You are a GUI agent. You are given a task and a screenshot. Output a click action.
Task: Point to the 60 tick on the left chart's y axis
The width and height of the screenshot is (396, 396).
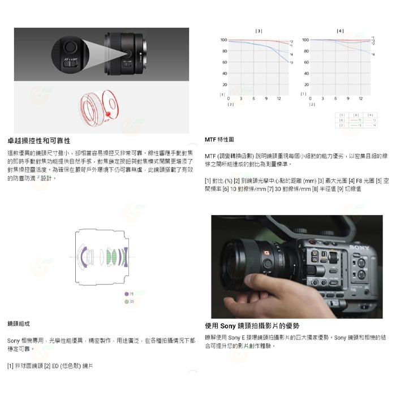click(x=224, y=62)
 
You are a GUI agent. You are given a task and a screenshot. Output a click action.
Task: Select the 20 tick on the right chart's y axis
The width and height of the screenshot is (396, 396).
click(x=305, y=84)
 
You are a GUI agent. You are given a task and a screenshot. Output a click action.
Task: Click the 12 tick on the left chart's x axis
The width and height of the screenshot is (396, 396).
click(x=279, y=98)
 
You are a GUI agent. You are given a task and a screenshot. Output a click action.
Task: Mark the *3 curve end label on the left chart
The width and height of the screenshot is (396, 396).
click(x=291, y=62)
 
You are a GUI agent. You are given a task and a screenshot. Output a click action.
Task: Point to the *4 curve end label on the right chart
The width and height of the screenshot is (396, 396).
click(x=372, y=54)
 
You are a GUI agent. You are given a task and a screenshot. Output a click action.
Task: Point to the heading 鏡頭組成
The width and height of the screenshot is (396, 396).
click(x=19, y=323)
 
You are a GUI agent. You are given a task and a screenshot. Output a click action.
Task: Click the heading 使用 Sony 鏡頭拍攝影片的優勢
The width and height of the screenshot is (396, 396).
click(x=252, y=326)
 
